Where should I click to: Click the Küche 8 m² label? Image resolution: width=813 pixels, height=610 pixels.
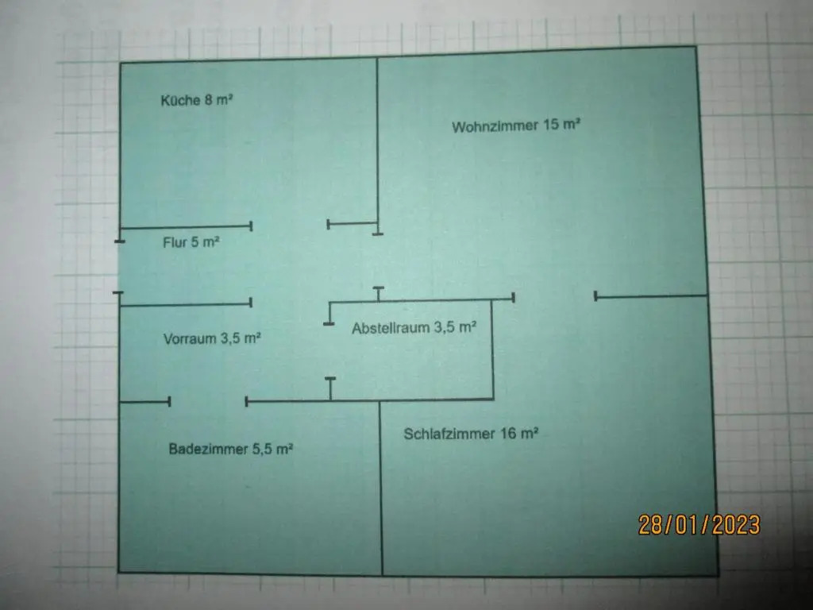197,100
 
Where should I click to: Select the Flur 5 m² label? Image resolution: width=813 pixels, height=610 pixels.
191,242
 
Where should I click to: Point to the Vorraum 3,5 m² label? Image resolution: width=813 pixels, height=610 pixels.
211,338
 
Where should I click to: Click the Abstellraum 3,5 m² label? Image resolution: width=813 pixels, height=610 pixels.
414,328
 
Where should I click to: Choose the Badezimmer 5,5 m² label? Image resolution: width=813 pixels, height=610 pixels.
231,449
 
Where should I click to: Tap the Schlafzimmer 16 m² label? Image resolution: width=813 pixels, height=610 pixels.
471,434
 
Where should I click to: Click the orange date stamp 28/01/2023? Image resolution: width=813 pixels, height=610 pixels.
699,525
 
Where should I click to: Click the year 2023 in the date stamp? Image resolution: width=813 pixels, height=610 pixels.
736,525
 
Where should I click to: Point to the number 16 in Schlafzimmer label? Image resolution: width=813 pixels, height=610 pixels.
508,433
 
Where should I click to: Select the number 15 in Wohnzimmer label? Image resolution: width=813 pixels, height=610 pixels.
551,125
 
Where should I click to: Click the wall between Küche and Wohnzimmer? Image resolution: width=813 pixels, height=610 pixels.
377,146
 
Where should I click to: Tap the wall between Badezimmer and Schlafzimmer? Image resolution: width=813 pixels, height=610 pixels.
381,488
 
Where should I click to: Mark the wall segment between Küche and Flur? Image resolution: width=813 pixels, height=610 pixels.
186,226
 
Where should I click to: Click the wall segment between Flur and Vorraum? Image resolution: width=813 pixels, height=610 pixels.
185,304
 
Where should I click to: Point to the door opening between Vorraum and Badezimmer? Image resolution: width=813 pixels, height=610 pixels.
208,401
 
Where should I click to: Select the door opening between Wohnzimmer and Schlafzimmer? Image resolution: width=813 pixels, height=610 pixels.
554,297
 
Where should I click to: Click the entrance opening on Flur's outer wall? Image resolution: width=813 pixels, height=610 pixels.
119,267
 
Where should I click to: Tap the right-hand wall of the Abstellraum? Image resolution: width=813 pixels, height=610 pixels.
492,349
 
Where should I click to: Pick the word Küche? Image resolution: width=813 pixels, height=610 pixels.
180,100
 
